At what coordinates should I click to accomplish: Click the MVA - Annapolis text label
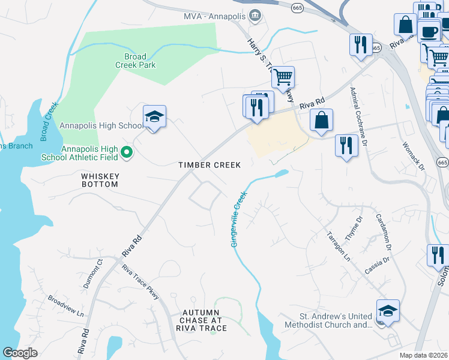tap(215, 15)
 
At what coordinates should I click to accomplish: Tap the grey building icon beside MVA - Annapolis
tap(256, 15)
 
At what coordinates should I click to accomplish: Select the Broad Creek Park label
tap(135, 61)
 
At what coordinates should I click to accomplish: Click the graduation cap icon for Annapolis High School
tap(154, 116)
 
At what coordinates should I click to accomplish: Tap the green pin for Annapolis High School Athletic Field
tap(126, 154)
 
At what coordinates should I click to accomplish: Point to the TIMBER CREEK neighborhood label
tap(209, 165)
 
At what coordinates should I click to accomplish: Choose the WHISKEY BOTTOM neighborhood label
tap(100, 180)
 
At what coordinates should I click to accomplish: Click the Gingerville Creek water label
tap(237, 220)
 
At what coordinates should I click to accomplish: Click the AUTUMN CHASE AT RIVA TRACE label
tap(205, 320)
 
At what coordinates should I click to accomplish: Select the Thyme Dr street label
tap(355, 228)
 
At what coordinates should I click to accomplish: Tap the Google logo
tap(20, 353)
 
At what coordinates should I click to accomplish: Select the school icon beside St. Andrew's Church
tap(388, 311)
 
